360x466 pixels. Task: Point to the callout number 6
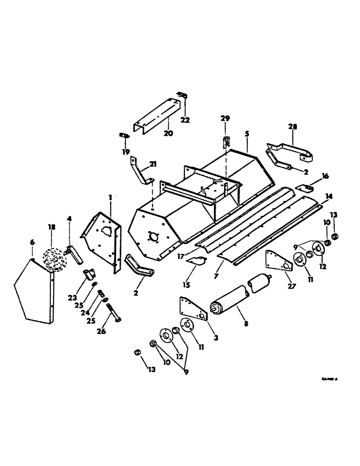pos(32,242)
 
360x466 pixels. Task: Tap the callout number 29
pos(225,119)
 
